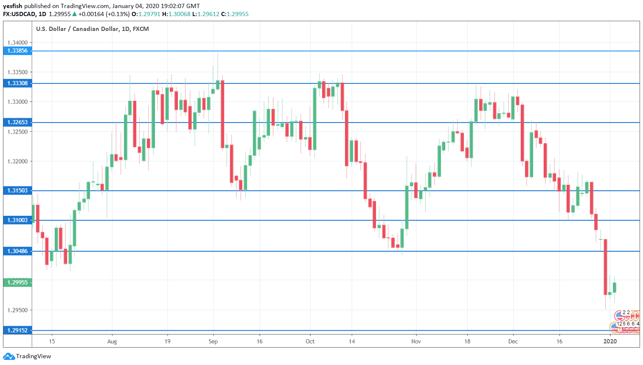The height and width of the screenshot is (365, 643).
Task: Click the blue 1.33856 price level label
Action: (x=17, y=51)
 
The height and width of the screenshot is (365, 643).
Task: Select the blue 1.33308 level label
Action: (x=17, y=84)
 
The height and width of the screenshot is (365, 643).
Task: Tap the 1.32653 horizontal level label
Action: (x=17, y=123)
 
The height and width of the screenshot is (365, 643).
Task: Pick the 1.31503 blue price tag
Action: (x=17, y=191)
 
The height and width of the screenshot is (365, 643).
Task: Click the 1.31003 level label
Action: (x=17, y=220)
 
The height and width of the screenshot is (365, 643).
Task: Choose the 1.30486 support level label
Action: (x=17, y=251)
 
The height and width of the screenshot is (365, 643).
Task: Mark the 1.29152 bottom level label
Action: (x=17, y=330)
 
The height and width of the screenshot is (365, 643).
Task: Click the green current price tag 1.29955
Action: (x=17, y=282)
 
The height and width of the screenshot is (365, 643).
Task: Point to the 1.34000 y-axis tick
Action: (x=17, y=43)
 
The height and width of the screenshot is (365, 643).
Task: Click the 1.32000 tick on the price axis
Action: (x=17, y=162)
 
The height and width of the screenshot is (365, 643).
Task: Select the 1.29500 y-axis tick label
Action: (x=17, y=310)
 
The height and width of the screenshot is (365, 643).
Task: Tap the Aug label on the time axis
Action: (x=112, y=342)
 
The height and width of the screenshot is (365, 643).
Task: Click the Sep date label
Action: (x=213, y=342)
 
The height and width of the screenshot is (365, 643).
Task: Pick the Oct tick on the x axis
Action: (x=310, y=342)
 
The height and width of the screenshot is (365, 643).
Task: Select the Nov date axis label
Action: (x=416, y=342)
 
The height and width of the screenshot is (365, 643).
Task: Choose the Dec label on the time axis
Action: (x=513, y=342)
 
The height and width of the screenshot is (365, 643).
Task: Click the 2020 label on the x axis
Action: (x=610, y=342)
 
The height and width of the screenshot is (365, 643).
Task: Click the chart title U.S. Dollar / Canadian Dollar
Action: (x=92, y=29)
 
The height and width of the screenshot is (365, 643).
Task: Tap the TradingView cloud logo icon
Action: (x=9, y=357)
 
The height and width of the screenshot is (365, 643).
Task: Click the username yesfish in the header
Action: (x=12, y=6)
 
